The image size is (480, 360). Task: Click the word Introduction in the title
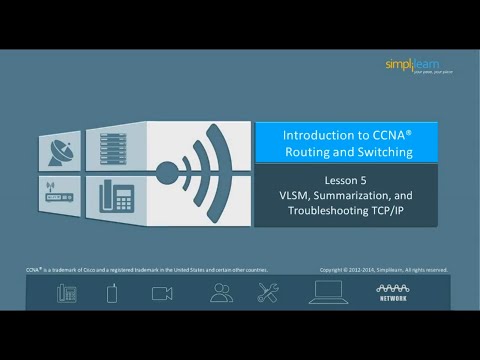click(x=312, y=133)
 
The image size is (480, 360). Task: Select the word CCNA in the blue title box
click(x=375, y=133)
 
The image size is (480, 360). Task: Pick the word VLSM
click(x=294, y=196)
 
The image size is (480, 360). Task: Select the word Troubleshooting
click(x=325, y=212)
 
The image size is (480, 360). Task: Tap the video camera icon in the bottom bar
click(x=162, y=293)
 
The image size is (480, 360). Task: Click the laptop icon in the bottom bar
click(x=328, y=292)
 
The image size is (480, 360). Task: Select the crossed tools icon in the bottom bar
click(x=268, y=293)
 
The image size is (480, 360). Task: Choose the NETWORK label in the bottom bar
click(x=392, y=298)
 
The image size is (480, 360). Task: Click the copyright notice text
click(x=383, y=269)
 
